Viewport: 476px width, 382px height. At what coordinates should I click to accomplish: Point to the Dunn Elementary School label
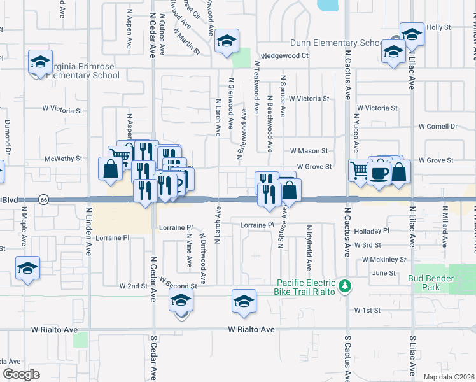click(335, 43)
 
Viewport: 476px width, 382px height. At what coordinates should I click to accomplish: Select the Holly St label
click(438, 28)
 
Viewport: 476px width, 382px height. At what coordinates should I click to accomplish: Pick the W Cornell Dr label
click(438, 127)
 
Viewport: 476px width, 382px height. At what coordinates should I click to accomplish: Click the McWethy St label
click(64, 158)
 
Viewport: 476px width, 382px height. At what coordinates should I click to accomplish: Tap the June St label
click(383, 273)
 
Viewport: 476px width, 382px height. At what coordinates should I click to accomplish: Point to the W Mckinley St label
click(384, 260)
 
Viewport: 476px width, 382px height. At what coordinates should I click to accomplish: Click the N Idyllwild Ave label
click(309, 247)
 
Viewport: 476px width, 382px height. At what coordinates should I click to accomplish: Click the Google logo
click(22, 374)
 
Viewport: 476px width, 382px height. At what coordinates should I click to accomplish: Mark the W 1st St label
click(367, 311)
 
